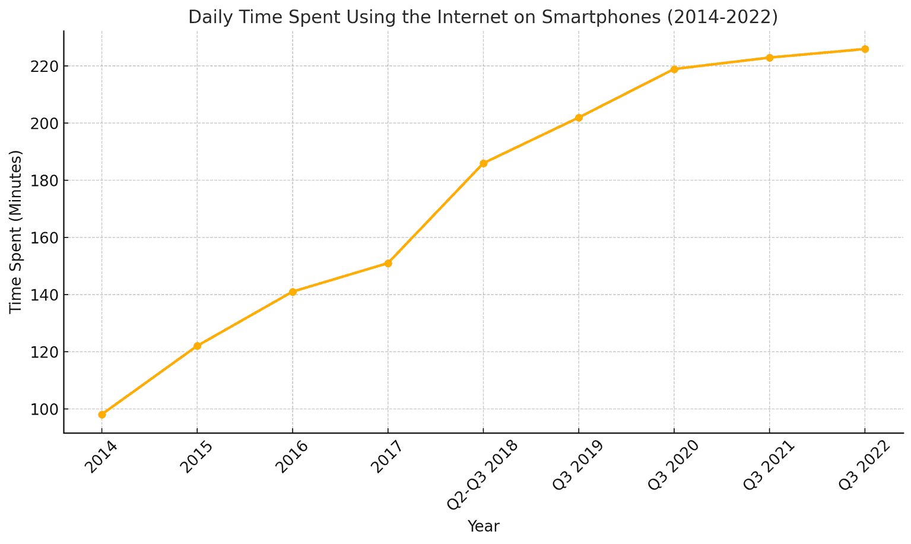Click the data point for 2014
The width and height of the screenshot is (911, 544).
102,415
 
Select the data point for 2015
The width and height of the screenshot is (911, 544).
198,346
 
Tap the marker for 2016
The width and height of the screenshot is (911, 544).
293,292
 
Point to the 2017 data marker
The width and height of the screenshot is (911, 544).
388,263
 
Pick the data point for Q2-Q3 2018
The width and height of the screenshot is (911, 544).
484,163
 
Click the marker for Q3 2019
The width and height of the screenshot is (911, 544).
579,118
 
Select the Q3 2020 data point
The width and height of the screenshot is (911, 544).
674,69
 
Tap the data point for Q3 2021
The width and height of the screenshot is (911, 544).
770,58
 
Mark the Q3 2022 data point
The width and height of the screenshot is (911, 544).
865,49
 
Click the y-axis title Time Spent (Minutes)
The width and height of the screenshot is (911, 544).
16,232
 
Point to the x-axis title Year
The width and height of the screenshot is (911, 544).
483,526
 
